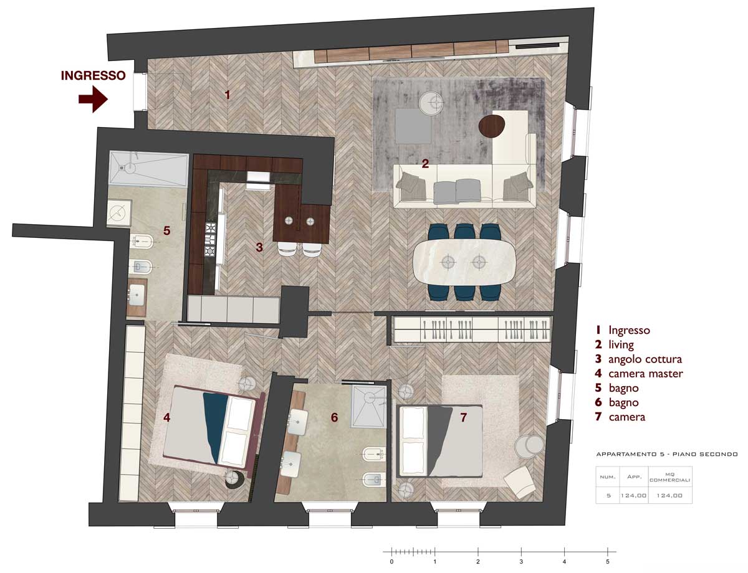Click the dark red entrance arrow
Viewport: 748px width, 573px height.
(x=93, y=99)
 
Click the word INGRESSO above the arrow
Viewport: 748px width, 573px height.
(x=93, y=75)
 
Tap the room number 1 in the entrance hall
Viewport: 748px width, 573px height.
(x=227, y=95)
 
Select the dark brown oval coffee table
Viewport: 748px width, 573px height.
(x=492, y=126)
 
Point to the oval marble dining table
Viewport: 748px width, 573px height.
(x=463, y=262)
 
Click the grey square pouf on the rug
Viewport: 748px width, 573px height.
(x=413, y=126)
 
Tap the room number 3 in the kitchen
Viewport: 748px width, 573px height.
(x=259, y=247)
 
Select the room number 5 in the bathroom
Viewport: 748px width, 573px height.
(x=167, y=230)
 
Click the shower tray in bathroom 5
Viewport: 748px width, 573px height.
(x=149, y=169)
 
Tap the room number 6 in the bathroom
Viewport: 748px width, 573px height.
(x=334, y=417)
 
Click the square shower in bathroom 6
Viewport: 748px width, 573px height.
(x=368, y=407)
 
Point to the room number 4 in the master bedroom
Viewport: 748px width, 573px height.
(x=167, y=417)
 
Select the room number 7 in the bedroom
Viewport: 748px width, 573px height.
(x=463, y=417)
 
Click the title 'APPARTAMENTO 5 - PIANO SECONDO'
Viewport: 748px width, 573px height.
(x=667, y=454)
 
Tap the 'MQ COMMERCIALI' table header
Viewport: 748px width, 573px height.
(x=670, y=477)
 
